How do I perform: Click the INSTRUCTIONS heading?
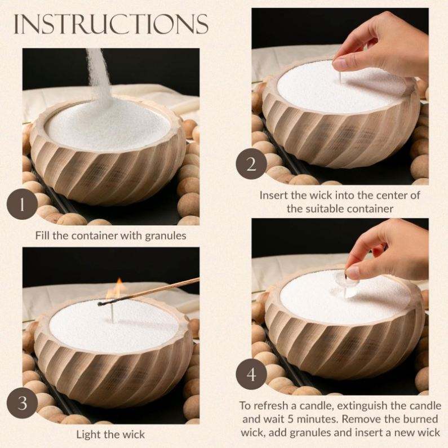(111, 24)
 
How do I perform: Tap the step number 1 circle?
(23, 205)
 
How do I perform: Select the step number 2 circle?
(251, 165)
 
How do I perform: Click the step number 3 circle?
(23, 403)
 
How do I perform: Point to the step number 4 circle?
(251, 374)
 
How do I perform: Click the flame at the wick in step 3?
(115, 289)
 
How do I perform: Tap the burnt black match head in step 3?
(101, 304)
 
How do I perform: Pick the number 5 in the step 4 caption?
(291, 419)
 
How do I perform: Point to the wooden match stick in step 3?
(149, 291)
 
